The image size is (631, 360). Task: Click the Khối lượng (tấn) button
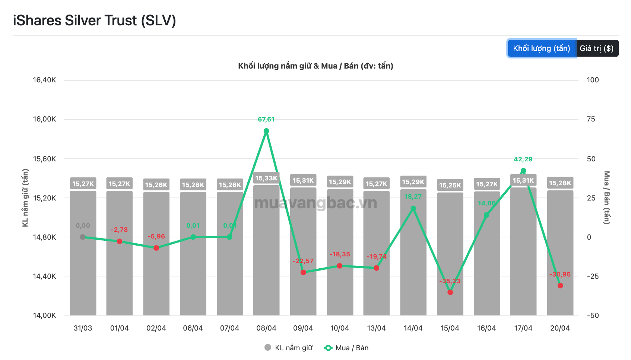pos(542,48)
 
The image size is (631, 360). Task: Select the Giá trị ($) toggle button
pos(597,48)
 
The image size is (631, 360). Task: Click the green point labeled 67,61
pos(266,131)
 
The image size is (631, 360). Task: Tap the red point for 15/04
pos(450,292)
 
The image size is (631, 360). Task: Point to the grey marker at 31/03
pos(83,237)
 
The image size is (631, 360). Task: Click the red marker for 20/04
pos(560,285)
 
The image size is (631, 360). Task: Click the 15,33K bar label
pos(266,178)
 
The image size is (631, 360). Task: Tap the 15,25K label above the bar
pos(450,185)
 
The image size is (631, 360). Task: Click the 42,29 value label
pos(523,159)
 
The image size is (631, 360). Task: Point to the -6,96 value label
pos(156,236)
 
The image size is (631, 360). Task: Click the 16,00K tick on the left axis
pos(44,119)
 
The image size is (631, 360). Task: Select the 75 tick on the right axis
pos(591,119)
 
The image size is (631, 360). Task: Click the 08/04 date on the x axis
pos(266,328)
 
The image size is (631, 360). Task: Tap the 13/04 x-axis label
pos(376,328)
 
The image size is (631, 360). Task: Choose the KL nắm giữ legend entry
pos(289,348)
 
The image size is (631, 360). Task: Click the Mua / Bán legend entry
pos(346,348)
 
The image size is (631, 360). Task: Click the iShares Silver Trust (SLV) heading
pos(95,20)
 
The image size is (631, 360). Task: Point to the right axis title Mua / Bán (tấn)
pos(606,198)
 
